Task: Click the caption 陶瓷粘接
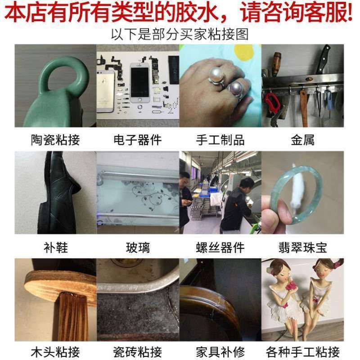[x=55, y=140]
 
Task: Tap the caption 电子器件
[x=137, y=140]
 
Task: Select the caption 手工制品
[x=220, y=140]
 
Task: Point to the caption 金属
[x=302, y=140]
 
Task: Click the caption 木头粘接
[x=55, y=351]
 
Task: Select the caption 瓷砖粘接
[x=137, y=351]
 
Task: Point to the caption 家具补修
[x=220, y=351]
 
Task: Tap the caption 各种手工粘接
[x=302, y=351]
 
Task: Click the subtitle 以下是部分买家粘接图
[x=180, y=34]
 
